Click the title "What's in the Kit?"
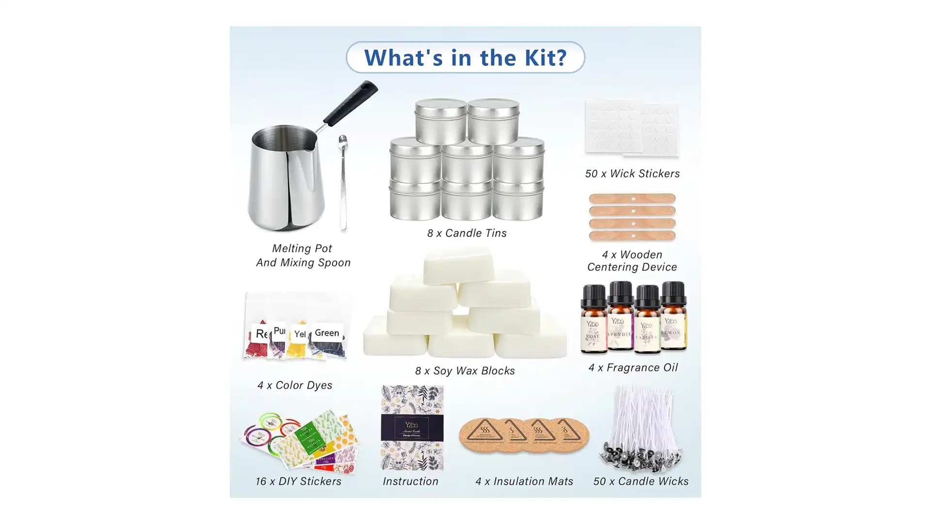[465, 57]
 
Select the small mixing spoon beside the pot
[343, 184]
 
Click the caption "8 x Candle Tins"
[466, 233]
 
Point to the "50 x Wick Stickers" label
[632, 174]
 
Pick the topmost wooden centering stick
[632, 198]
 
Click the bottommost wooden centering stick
[632, 236]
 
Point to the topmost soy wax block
[458, 264]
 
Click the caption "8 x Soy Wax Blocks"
[465, 371]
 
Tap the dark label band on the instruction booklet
[412, 427]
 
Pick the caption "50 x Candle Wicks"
[641, 481]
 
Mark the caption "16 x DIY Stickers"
[298, 481]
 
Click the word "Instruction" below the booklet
[410, 481]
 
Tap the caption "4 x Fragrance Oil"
[633, 368]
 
